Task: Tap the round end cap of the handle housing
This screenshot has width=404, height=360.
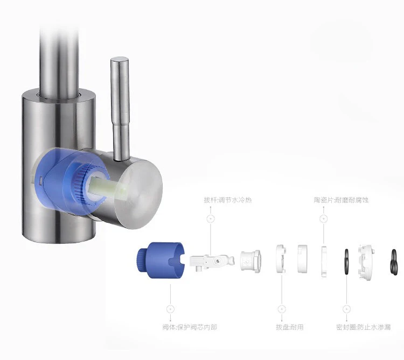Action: (139, 194)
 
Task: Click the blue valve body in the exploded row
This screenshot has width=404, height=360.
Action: (161, 260)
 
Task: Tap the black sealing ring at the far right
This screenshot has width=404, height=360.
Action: (394, 262)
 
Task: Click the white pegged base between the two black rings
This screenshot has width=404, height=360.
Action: (366, 262)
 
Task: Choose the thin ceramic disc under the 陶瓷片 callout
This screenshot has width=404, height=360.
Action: (324, 262)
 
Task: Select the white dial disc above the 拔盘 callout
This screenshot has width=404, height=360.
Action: (281, 259)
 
